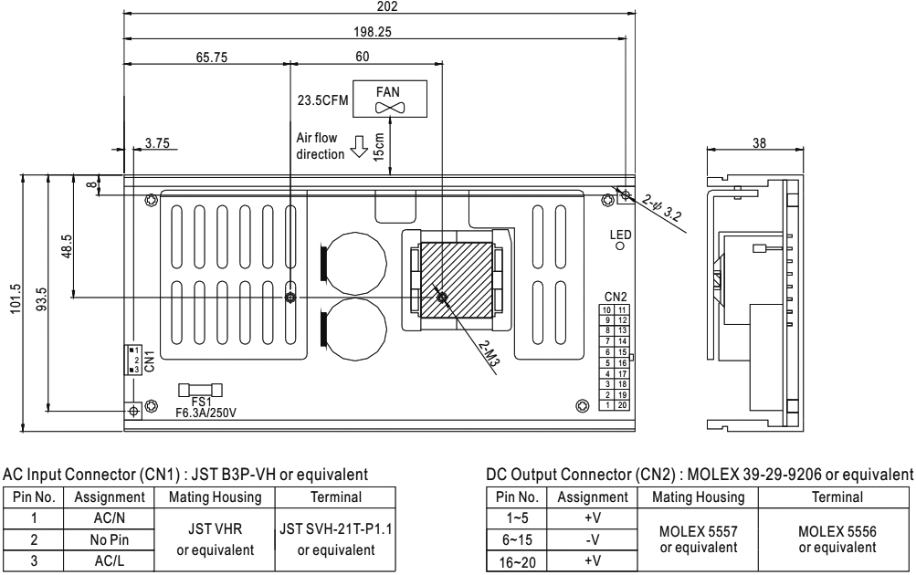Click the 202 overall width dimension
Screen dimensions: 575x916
pyautogui.click(x=381, y=5)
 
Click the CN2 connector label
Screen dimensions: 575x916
pyautogui.click(x=615, y=298)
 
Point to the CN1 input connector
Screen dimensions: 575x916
pyautogui.click(x=134, y=361)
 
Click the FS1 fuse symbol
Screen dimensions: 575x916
pyautogui.click(x=195, y=390)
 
